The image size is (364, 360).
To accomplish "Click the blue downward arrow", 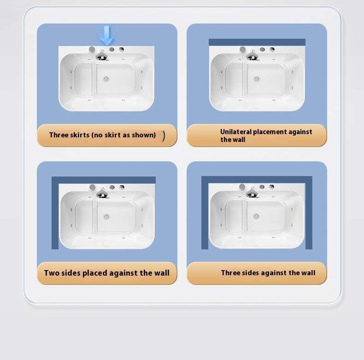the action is tap(107, 35).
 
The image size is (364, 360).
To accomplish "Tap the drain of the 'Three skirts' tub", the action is tap(106, 79).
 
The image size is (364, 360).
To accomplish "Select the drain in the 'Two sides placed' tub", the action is tap(106, 217).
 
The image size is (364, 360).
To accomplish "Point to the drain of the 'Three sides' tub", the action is tap(256, 217).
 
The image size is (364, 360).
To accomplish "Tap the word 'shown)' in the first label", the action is tap(144, 135).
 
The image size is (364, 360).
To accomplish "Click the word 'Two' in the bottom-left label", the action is tap(51, 273).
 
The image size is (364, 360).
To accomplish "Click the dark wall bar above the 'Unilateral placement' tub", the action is tap(257, 42).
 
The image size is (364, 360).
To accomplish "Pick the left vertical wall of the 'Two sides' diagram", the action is tap(55, 213).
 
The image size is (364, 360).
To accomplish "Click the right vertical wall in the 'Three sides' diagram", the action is tap(309, 212).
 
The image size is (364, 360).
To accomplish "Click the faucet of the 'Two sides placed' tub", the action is tap(102, 193).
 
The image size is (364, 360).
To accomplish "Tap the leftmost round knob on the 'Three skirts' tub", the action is tap(92, 49).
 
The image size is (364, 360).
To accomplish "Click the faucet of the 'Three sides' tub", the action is tap(252, 192).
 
